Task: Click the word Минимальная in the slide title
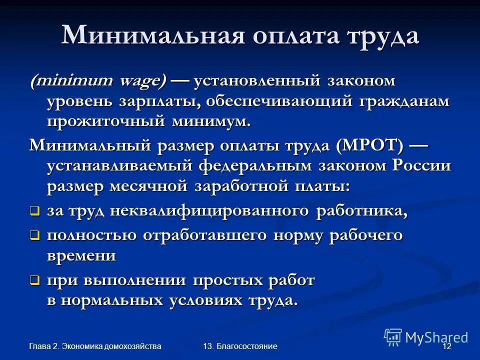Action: tap(149, 36)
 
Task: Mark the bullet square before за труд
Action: tap(34, 211)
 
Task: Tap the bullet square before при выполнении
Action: tap(34, 281)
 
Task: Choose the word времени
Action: tap(81, 255)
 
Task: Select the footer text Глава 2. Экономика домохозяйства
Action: tap(95, 346)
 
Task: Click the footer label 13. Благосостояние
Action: tap(240, 346)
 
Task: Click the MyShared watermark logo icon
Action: tap(393, 337)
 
